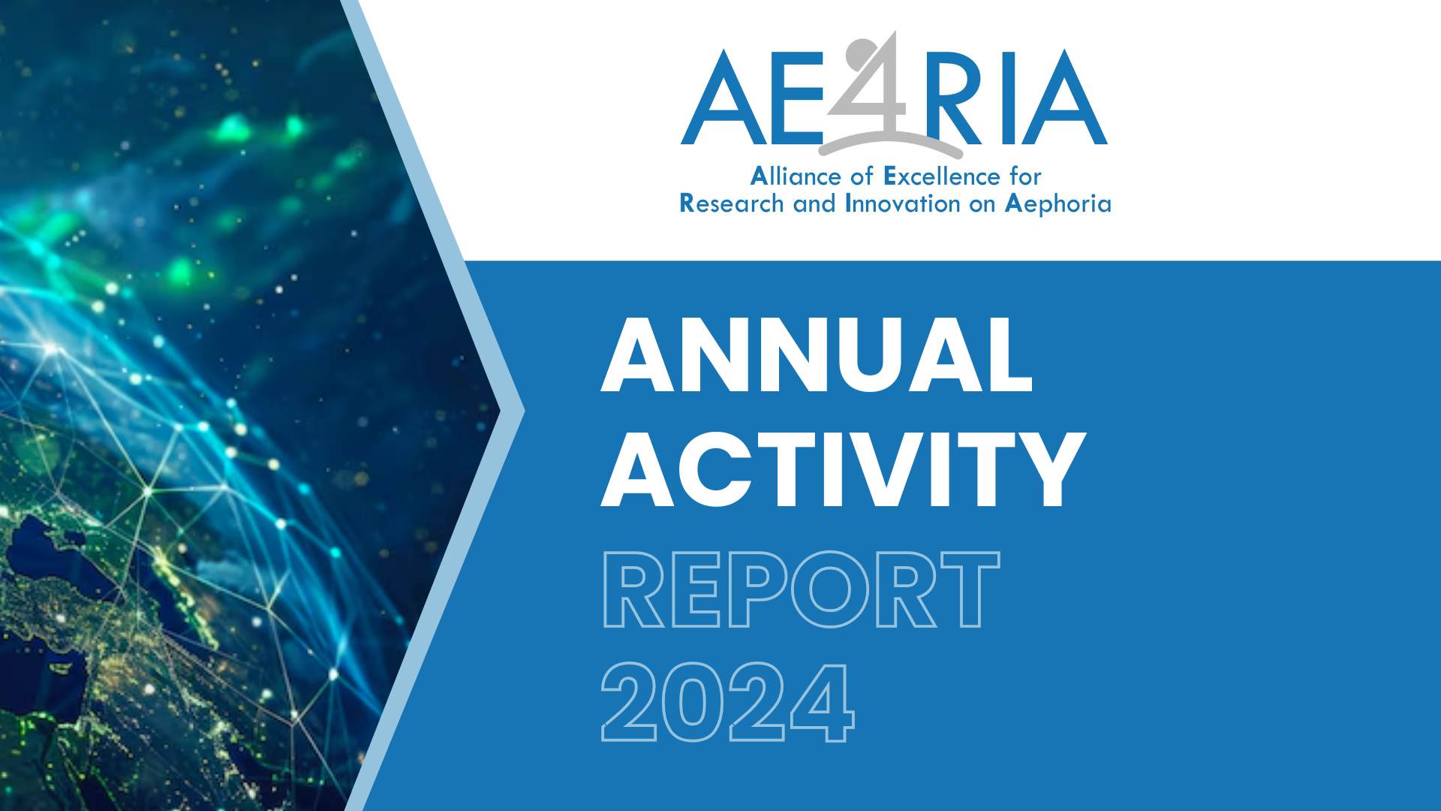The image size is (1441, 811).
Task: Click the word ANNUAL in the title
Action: coord(817,354)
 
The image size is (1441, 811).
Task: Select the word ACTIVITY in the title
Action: coord(844,469)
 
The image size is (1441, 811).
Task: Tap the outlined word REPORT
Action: coord(801,589)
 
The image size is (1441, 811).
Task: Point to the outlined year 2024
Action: coord(728,702)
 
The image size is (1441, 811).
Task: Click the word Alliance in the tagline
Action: coord(796,176)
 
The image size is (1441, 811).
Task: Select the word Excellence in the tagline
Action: coord(942,176)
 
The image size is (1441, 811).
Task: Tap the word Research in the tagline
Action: coord(732,204)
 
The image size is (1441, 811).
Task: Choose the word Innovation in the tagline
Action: coord(903,204)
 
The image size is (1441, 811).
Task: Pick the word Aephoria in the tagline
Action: coord(1058,204)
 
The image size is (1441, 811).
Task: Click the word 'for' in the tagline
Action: coord(1025,176)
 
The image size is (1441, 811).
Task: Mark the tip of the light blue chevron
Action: coord(525,411)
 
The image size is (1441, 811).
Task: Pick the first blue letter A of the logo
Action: coord(724,97)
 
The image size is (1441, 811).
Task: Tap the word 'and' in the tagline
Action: coord(814,204)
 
